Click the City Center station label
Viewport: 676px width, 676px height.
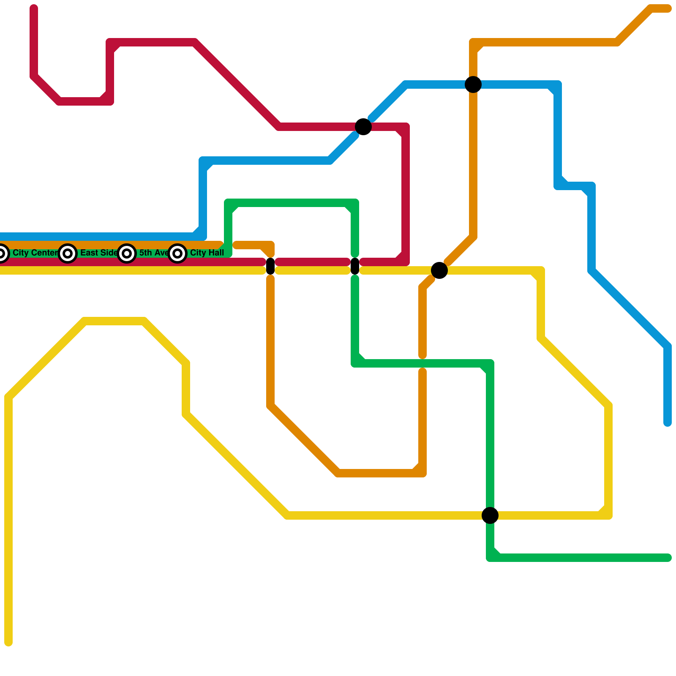(x=35, y=253)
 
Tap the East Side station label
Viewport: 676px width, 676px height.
(x=99, y=253)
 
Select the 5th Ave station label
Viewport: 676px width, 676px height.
(x=154, y=253)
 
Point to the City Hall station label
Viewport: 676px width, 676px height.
(x=207, y=253)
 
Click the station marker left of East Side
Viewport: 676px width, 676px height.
(x=68, y=253)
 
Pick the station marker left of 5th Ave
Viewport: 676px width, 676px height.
(x=127, y=253)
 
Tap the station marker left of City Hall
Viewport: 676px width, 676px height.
(x=177, y=253)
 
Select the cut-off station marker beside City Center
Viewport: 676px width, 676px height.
(x=2, y=253)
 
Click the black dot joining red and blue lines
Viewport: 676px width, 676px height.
(x=363, y=127)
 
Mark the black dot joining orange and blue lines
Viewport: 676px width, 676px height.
(x=473, y=84)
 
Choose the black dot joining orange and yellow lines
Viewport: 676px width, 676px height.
(x=439, y=270)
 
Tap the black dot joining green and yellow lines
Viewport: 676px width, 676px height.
(x=490, y=515)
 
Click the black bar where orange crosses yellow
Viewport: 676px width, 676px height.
(x=270, y=266)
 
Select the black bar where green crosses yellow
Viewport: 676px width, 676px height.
(x=355, y=266)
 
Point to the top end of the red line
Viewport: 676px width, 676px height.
(x=34, y=8)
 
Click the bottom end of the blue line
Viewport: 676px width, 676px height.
(x=668, y=422)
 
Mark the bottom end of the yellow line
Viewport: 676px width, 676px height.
(x=8, y=643)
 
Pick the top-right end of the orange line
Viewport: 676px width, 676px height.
(x=668, y=8)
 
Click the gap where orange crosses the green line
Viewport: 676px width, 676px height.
(x=422, y=363)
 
